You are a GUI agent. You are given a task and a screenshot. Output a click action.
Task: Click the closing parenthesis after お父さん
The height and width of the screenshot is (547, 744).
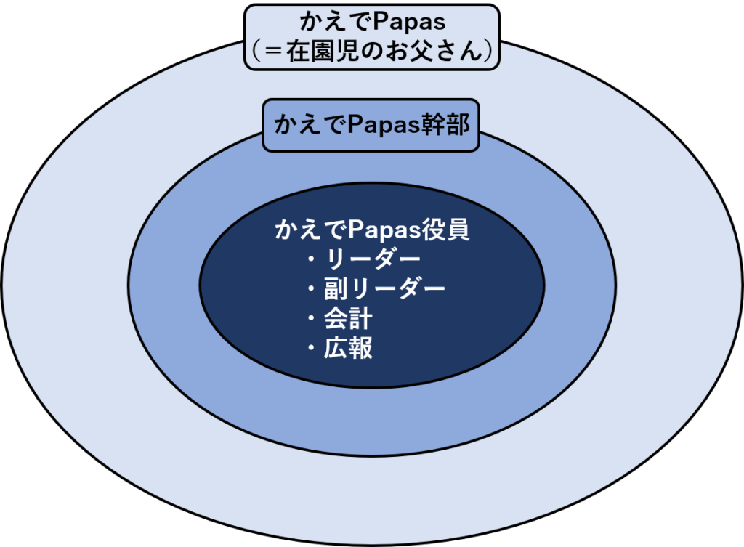point(488,52)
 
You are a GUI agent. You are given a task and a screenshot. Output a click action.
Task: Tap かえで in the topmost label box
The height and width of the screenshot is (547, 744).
point(333,23)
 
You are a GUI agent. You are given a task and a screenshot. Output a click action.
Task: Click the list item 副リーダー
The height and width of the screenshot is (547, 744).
point(384,289)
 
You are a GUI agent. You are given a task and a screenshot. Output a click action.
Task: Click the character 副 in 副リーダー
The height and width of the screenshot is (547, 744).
point(336,289)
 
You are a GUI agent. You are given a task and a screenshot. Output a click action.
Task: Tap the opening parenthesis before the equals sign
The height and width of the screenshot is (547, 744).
point(256,52)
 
